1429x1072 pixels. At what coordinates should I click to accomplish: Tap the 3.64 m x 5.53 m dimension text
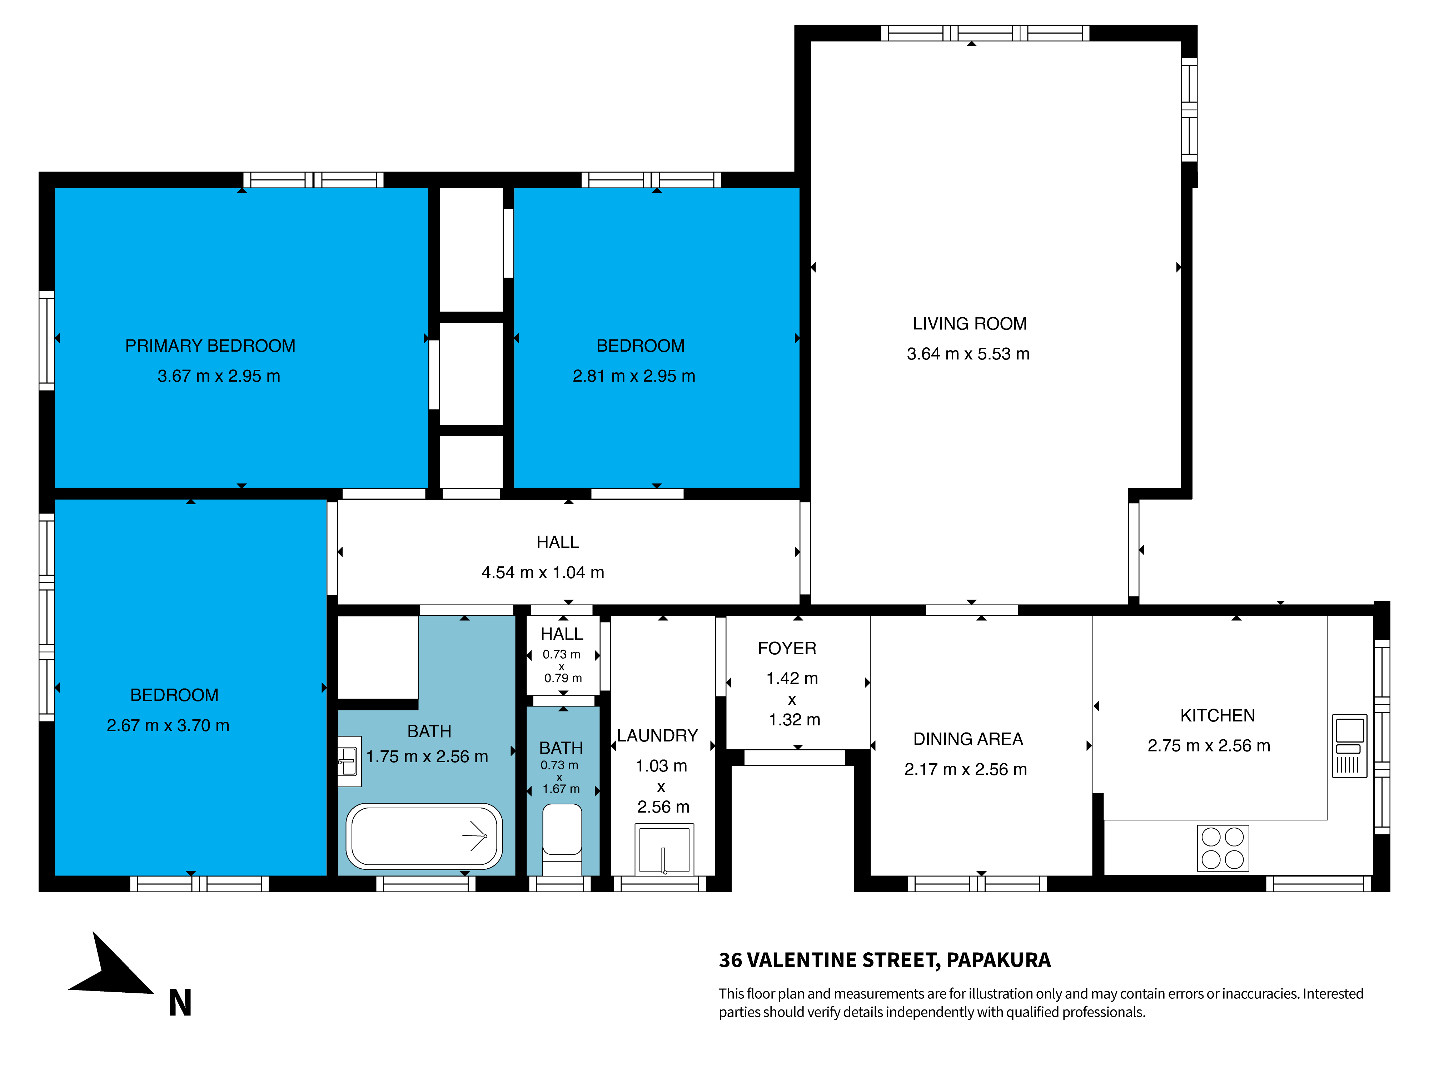pos(968,354)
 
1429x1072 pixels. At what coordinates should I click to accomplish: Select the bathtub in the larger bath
pos(424,836)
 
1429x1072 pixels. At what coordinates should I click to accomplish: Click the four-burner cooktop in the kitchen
pos(1223,848)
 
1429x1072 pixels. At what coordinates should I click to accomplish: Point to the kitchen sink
pos(1350,746)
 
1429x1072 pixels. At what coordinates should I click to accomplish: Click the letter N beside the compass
pos(180,1003)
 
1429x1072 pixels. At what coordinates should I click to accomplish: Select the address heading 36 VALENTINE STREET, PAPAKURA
pos(885,960)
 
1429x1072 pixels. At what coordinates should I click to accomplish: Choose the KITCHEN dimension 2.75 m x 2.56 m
pos(1209,746)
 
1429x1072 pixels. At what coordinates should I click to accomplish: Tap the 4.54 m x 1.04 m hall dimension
pos(543,572)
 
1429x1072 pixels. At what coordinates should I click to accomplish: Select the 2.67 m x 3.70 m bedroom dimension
pos(168,726)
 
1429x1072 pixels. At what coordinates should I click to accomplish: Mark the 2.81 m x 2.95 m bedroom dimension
pos(634,376)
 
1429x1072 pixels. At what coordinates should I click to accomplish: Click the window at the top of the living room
pos(985,33)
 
